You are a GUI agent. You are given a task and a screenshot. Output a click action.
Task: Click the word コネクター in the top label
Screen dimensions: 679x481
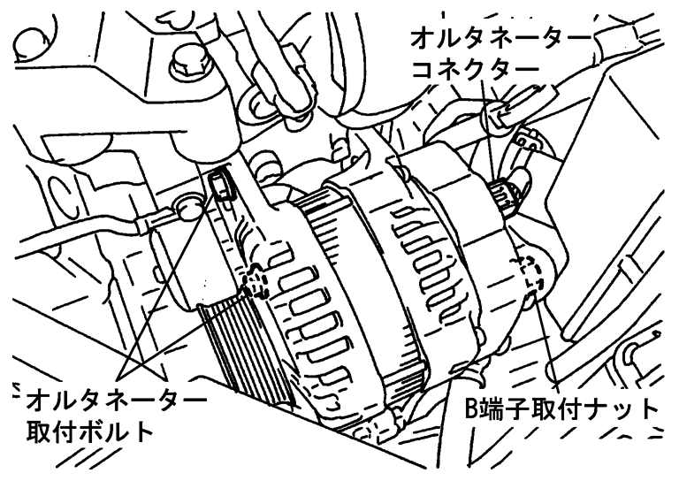click(476, 69)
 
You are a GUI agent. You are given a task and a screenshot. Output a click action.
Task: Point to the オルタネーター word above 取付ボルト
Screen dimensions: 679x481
click(116, 401)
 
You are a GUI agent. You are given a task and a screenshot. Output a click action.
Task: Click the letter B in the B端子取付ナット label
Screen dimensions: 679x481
click(471, 408)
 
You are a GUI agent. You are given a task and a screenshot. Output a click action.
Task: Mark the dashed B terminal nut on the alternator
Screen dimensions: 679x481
click(529, 271)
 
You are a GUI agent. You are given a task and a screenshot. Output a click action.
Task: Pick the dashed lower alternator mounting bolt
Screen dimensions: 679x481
click(255, 282)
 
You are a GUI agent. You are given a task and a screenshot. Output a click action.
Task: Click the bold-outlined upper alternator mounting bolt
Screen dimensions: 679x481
click(221, 184)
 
